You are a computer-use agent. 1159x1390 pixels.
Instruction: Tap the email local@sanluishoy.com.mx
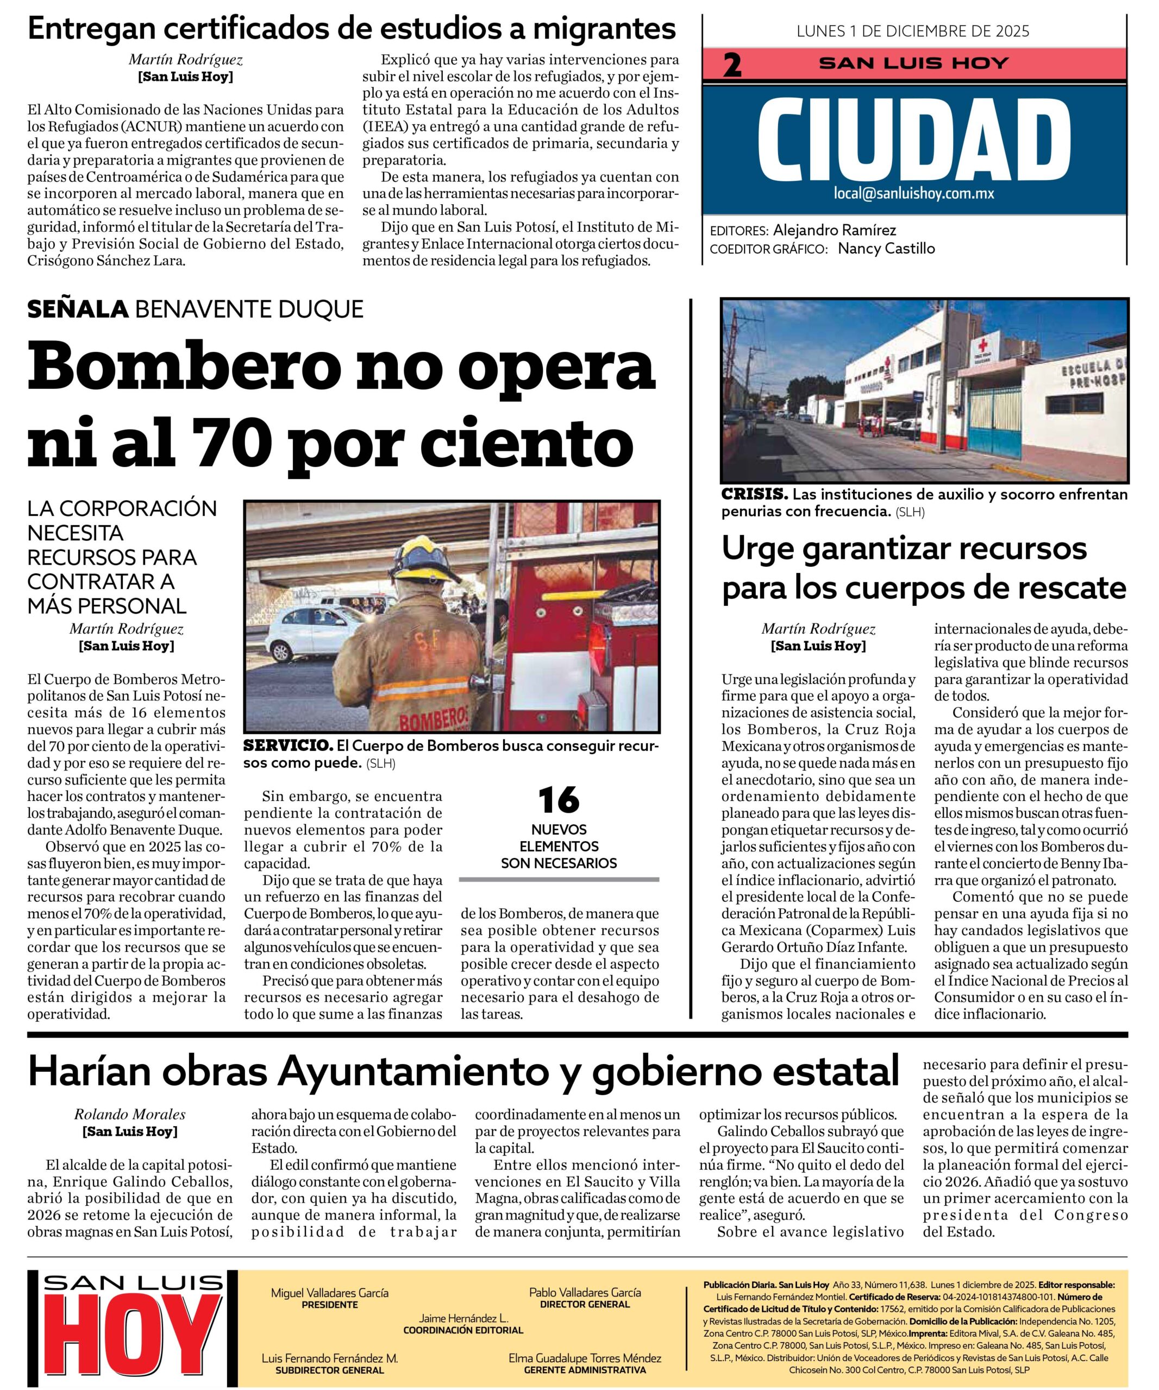[914, 193]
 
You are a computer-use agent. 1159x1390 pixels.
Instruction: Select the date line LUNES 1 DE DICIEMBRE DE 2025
[913, 31]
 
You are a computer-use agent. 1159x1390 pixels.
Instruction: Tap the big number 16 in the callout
[558, 800]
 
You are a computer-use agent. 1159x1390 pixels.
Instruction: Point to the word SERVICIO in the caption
[287, 746]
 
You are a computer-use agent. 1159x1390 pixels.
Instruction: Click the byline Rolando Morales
[130, 1115]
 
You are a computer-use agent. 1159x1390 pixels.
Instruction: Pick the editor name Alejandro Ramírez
[834, 230]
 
